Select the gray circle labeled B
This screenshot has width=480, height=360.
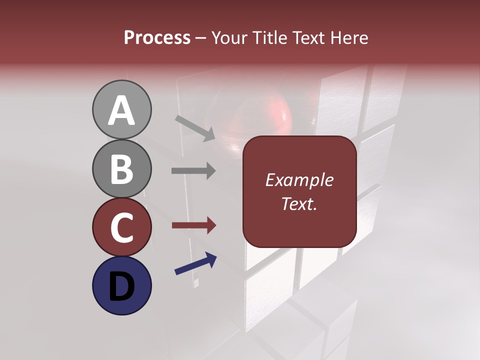pyautogui.click(x=121, y=168)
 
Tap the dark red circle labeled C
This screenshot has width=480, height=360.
pyautogui.click(x=121, y=227)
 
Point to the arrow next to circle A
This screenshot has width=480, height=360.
pyautogui.click(x=195, y=127)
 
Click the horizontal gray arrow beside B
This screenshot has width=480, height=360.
pyautogui.click(x=193, y=171)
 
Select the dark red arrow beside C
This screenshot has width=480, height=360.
pyautogui.click(x=193, y=225)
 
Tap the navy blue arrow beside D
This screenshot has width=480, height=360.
pyautogui.click(x=195, y=264)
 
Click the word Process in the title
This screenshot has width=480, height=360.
pyautogui.click(x=157, y=38)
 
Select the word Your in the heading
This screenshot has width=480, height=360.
pyautogui.click(x=228, y=38)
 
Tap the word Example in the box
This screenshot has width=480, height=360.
pyautogui.click(x=299, y=180)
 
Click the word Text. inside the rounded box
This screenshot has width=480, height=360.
pyautogui.click(x=299, y=203)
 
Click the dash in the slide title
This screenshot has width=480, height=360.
pyautogui.click(x=201, y=38)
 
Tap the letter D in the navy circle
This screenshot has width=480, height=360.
pyautogui.click(x=121, y=286)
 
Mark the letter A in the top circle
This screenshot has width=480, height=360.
pyautogui.click(x=121, y=110)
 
